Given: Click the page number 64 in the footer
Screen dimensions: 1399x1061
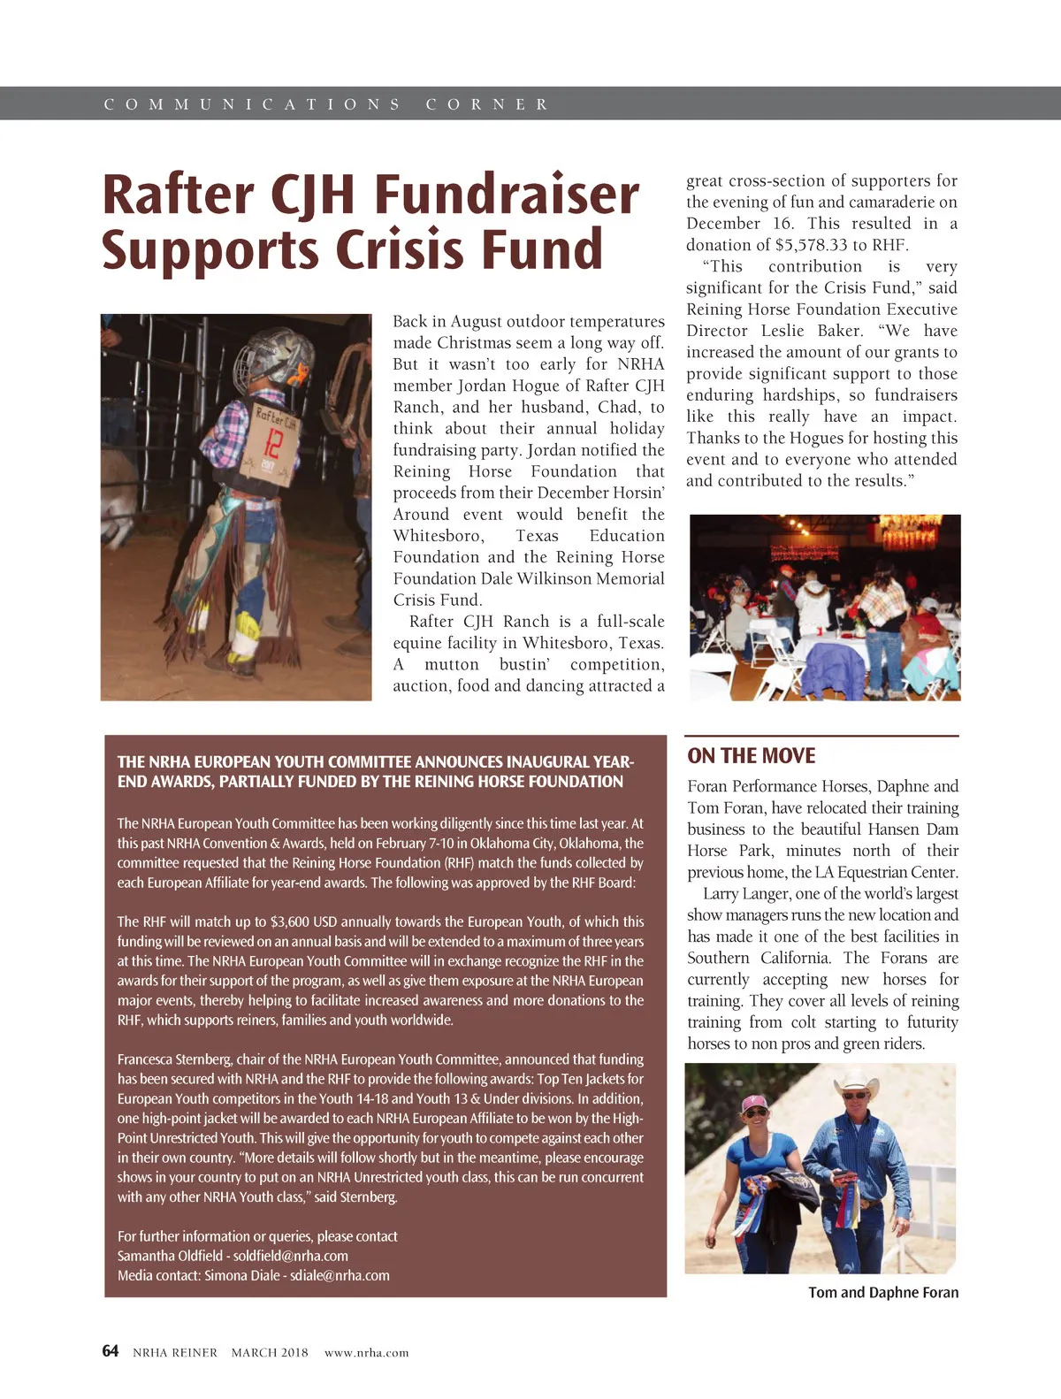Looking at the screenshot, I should [x=111, y=1350].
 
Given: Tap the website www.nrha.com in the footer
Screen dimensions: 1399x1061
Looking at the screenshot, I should [x=366, y=1352].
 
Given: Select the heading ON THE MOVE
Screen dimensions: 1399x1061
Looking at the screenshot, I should [x=752, y=756].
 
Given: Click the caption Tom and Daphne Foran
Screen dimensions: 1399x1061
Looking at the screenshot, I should [x=882, y=1292].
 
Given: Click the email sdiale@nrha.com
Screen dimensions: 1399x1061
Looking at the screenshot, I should [x=340, y=1275].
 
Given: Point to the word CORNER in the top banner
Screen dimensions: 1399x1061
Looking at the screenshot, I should [x=486, y=104].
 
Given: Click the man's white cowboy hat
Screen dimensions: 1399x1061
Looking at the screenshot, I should [x=856, y=1082].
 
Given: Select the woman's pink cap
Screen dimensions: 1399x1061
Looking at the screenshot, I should [x=754, y=1103].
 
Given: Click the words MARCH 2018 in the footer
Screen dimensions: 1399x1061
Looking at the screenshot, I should [x=270, y=1352].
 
